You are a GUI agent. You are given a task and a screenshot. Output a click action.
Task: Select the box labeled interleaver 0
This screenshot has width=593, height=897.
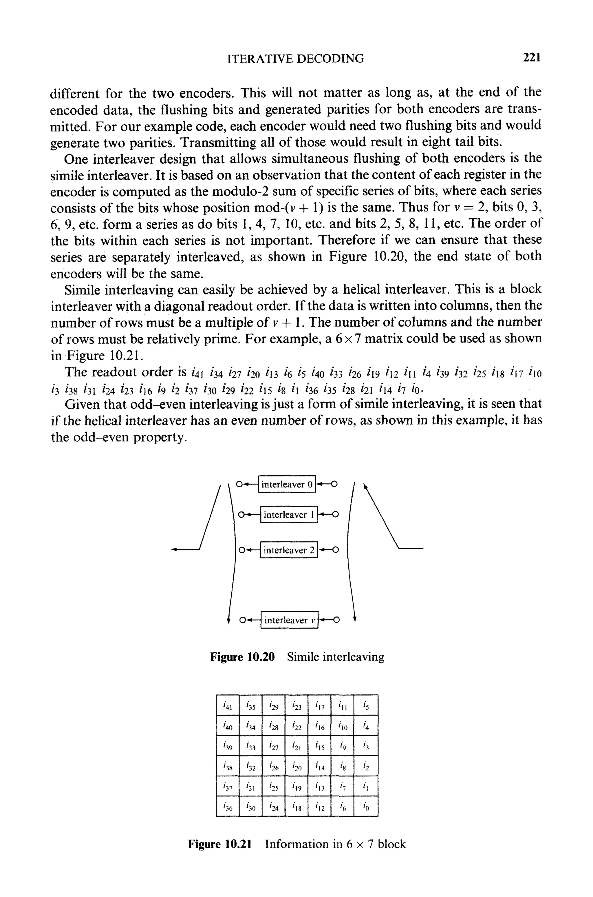pos(287,484)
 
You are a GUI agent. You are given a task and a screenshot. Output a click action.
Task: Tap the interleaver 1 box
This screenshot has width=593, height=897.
pos(289,514)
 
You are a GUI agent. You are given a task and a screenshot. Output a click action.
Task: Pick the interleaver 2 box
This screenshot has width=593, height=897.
pos(289,550)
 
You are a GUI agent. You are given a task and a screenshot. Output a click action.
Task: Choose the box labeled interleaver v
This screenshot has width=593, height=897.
pos(289,620)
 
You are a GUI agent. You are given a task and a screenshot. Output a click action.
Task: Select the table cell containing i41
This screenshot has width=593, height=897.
pos(227,705)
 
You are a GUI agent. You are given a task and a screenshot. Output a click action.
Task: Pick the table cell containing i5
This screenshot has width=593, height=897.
pos(365,705)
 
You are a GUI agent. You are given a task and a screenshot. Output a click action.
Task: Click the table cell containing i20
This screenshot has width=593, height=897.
pos(296,766)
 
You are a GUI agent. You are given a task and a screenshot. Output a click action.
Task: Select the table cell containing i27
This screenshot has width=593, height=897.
pos(273,746)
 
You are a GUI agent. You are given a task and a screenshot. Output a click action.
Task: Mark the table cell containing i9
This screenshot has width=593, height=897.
pos(342,746)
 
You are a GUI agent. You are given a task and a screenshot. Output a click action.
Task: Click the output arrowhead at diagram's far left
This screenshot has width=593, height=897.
pos(174,549)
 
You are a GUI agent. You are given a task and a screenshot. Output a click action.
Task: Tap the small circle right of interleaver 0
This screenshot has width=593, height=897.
pos(334,484)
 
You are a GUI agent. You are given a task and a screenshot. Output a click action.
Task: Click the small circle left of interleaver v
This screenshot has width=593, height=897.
pos(244,620)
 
